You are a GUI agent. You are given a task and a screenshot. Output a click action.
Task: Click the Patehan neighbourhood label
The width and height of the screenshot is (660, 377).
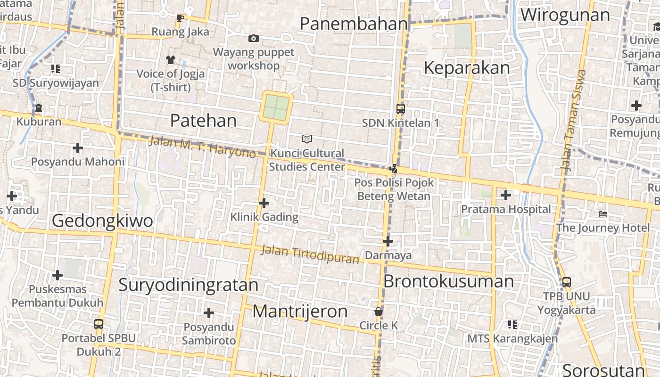coord(203,121)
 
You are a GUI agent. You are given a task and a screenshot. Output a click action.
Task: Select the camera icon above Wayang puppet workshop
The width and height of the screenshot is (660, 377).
coord(254,38)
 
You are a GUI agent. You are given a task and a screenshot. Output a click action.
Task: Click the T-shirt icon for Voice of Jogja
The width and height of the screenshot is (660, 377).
coord(170,60)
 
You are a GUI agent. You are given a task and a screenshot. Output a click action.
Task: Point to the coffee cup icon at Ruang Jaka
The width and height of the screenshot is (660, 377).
coord(180,18)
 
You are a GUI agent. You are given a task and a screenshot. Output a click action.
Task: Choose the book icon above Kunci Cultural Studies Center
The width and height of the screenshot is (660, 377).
coord(307,139)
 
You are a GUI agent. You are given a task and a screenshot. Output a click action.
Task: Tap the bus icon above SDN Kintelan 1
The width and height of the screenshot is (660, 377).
coord(401,109)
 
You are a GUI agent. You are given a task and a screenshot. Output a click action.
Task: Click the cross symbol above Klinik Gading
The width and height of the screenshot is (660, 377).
coord(264,203)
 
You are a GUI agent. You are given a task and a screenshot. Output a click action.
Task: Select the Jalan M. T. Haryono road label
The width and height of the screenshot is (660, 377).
coord(202,147)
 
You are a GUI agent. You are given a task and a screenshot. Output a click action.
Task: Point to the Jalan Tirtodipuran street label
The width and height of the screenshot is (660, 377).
coord(310,254)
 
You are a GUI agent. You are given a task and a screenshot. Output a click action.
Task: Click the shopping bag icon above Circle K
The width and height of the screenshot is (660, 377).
coord(378,311)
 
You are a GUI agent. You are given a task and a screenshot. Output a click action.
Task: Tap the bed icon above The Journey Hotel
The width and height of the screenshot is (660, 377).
coord(602,214)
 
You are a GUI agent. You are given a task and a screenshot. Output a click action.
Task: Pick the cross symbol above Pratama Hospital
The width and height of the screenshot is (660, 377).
coord(506,195)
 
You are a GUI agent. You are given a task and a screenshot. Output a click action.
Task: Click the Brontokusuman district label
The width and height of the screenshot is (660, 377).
coord(448,281)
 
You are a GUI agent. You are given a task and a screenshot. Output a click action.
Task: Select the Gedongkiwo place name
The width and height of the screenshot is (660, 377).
coord(102,221)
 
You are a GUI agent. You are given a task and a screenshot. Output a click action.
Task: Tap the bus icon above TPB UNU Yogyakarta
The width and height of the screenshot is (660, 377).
coord(567,282)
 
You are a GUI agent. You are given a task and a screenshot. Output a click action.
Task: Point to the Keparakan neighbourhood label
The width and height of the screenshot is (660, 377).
coord(467,68)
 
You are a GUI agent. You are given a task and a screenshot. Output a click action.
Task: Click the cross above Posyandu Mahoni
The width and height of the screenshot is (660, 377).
coord(78,148)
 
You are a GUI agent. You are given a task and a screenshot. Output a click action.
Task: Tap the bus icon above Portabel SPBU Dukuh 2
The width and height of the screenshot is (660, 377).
coord(99,324)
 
